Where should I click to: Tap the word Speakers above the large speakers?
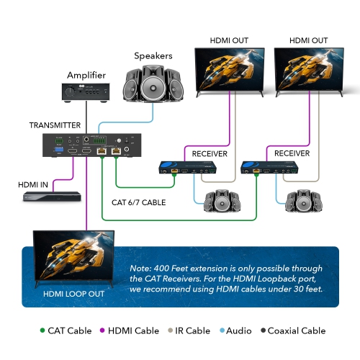point(154,56)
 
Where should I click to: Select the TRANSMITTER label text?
point(55,125)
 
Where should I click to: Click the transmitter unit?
point(91,145)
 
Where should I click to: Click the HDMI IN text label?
point(33,184)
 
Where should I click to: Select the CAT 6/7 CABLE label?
point(139,203)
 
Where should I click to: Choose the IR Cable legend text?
point(191,330)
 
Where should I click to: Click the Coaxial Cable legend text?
point(297,330)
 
